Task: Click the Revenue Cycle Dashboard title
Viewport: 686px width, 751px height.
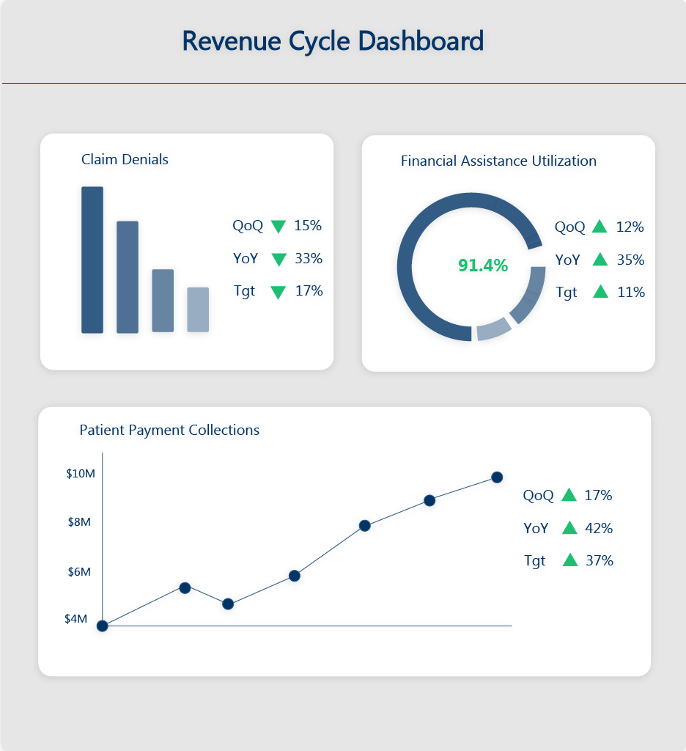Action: pos(333,41)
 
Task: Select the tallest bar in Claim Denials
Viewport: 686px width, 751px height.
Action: pos(92,260)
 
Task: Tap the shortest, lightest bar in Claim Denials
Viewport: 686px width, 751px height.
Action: pos(198,309)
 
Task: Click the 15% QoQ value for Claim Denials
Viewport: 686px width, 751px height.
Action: pos(308,226)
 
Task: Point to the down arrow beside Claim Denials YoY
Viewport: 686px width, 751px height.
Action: pos(279,260)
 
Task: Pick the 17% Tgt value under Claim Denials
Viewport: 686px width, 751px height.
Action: pos(309,291)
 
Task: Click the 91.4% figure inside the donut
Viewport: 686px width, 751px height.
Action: pos(483,265)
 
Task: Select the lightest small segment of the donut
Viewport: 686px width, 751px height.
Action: pos(493,329)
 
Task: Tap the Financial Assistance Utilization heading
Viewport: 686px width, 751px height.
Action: pos(498,161)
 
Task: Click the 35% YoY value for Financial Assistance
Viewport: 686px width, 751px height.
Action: pos(630,260)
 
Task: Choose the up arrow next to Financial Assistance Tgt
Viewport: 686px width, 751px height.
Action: pos(601,291)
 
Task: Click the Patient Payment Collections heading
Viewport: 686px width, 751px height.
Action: pos(169,430)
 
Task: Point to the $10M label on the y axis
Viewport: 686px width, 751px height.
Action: pos(81,474)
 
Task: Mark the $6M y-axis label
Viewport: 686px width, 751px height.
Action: pos(79,572)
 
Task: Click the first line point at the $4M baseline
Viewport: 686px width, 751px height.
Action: pos(103,626)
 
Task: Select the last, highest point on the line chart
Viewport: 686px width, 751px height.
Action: pos(497,477)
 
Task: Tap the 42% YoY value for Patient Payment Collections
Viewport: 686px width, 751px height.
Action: pos(599,528)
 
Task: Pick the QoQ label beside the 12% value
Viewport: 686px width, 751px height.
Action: pos(569,227)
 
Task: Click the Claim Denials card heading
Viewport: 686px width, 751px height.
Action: pos(125,159)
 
